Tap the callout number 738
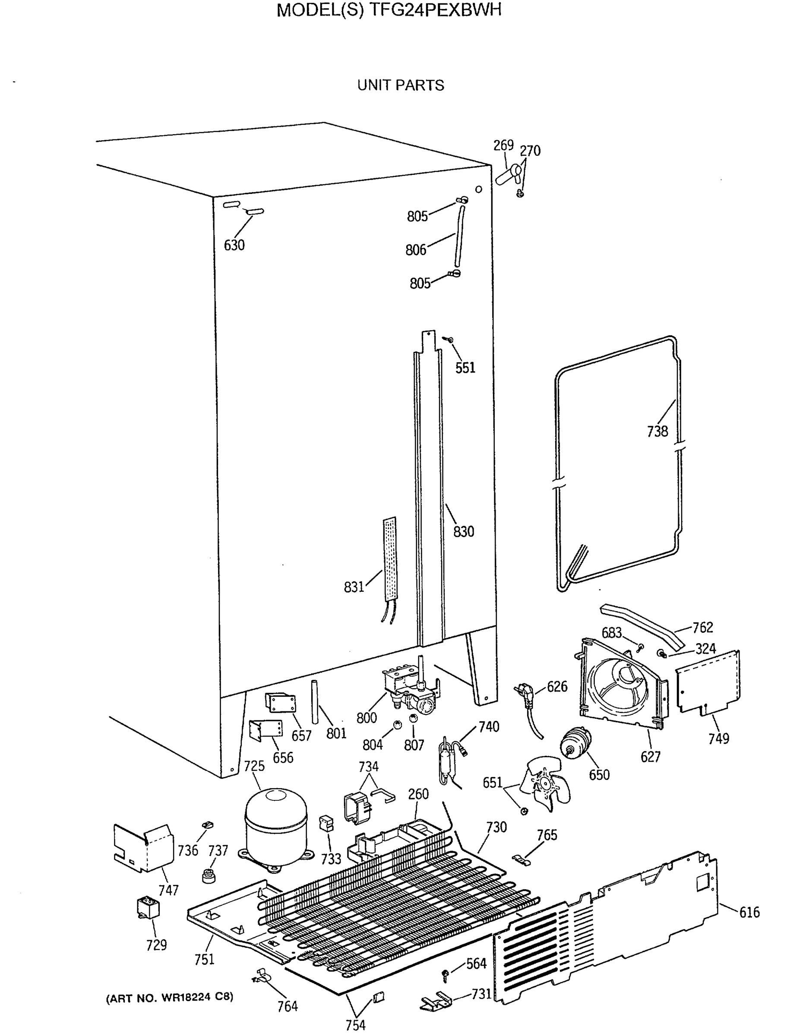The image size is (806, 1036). (657, 431)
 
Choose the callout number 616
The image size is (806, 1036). (749, 912)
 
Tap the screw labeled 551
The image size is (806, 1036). (448, 339)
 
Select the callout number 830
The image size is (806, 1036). (463, 531)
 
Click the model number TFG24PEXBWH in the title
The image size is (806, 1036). (435, 10)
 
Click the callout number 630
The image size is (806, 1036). (234, 245)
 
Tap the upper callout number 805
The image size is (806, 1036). (417, 216)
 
